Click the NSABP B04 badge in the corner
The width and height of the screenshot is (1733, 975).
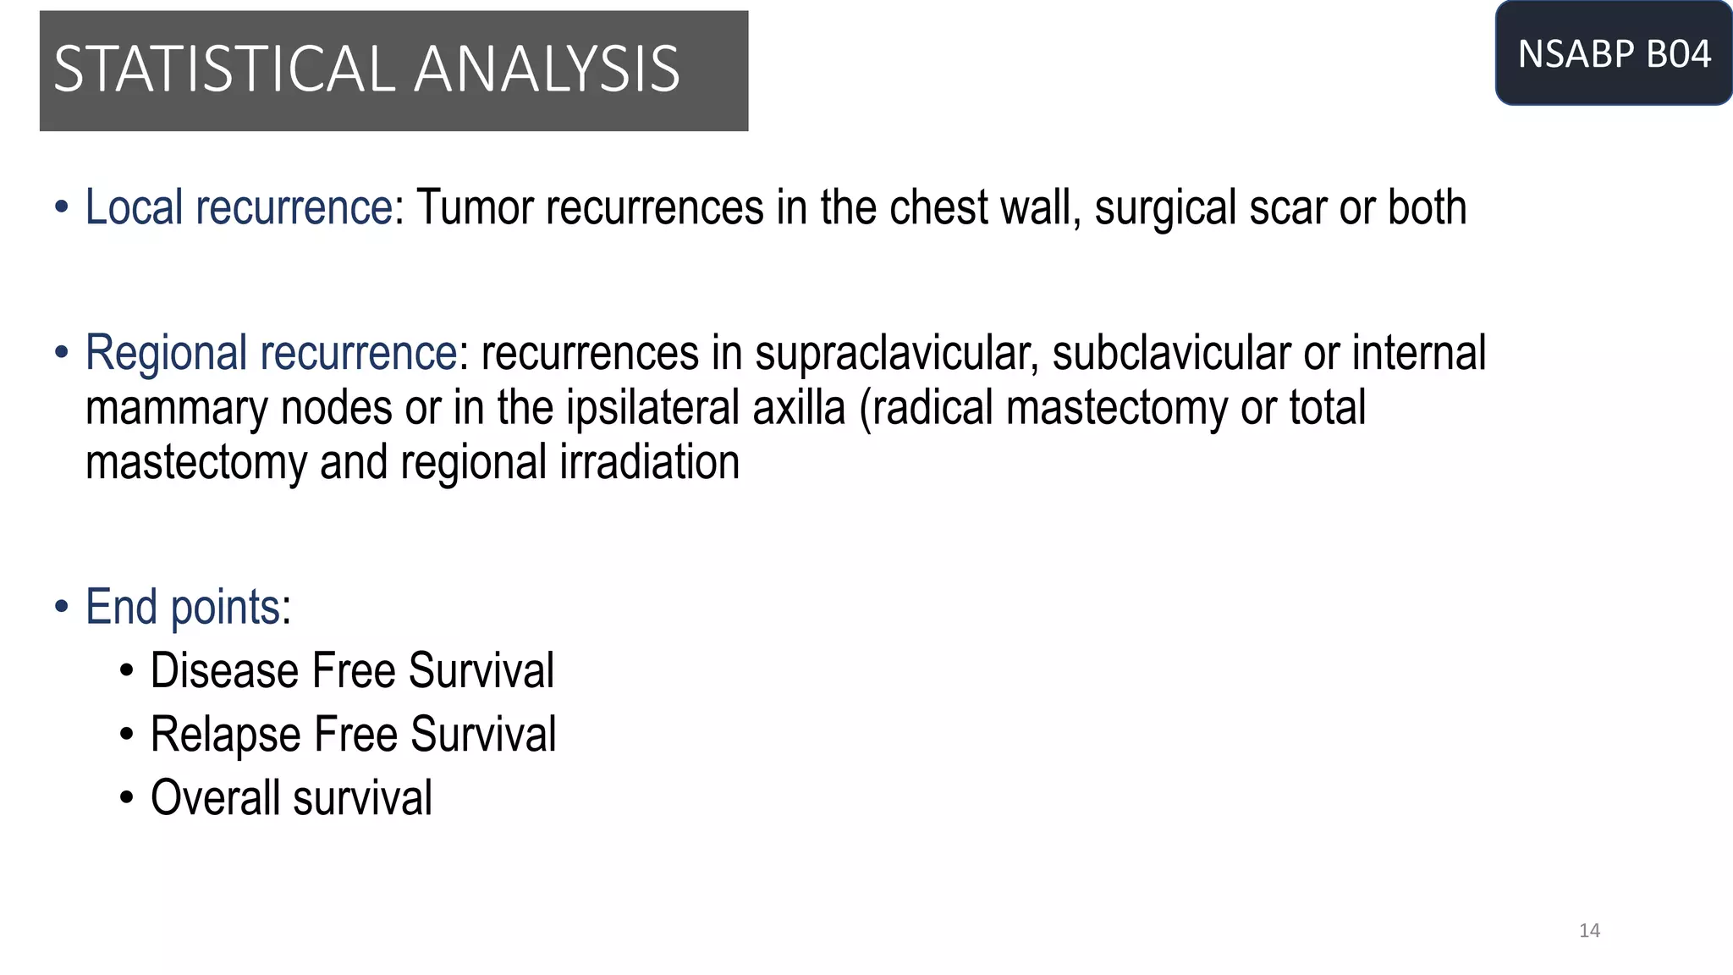(1614, 54)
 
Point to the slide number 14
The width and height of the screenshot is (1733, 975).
(1589, 931)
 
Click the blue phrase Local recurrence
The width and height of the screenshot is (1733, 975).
(239, 208)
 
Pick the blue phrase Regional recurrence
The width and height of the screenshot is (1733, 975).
(271, 353)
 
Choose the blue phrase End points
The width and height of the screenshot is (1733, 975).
(183, 608)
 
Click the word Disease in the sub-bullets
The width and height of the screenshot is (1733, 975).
(224, 671)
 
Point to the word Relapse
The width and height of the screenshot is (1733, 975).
(225, 735)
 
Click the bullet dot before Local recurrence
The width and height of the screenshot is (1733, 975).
(61, 208)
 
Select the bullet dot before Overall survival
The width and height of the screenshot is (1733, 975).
(127, 798)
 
